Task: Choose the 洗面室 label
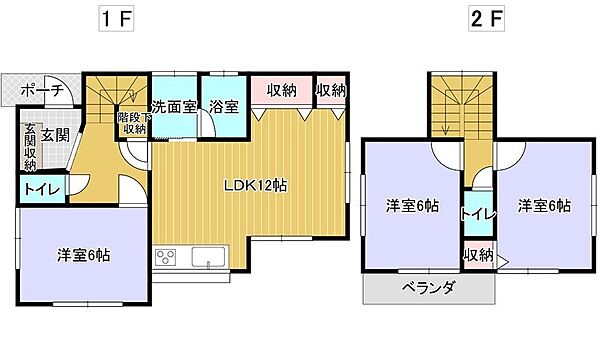[x=174, y=107]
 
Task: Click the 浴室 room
[x=223, y=107]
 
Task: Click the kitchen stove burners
[x=165, y=259]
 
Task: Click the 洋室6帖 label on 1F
[x=83, y=254]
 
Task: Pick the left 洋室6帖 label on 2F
[x=413, y=206]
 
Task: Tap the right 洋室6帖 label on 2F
[x=544, y=206]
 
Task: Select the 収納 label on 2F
[x=478, y=255]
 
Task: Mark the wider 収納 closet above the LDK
[x=282, y=90]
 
